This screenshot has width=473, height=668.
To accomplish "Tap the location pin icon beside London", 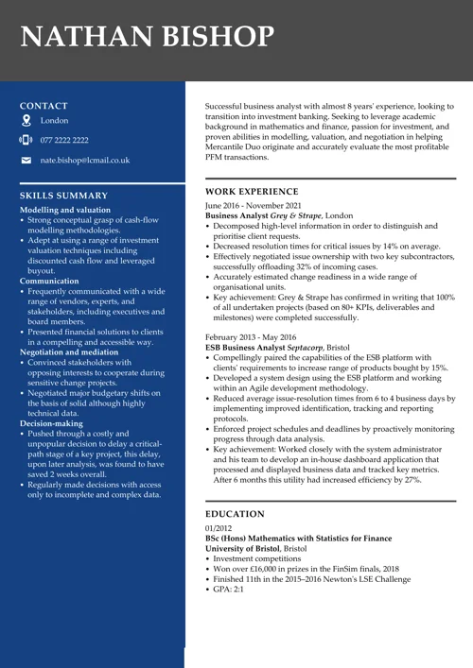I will point(26,121).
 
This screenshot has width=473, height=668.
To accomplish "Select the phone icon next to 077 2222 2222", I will point(26,140).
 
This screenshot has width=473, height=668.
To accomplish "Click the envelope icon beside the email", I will point(26,161).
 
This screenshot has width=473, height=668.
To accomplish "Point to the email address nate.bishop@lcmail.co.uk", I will point(85,161).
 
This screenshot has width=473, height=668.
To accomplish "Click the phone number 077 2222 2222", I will point(64,140).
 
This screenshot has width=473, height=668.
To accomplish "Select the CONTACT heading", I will point(44,106).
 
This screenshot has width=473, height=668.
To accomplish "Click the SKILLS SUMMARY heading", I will point(63,196).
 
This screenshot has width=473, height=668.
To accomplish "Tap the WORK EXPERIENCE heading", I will point(251,191).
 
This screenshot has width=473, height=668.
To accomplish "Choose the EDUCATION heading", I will point(235,514).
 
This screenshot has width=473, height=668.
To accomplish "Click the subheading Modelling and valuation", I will point(65,210).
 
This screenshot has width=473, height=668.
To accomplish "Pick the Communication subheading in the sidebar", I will point(49,282).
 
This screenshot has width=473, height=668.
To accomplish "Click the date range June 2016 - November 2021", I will point(254,205).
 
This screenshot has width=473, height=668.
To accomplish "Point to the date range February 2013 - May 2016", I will point(251,337).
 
